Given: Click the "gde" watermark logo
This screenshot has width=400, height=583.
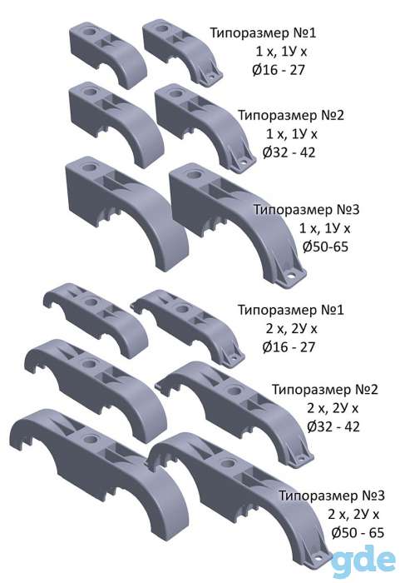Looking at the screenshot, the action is [x=363, y=561].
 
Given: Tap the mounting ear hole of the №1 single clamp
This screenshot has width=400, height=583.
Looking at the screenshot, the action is [x=211, y=77].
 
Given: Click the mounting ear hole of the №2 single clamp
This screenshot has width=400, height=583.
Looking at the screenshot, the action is [x=244, y=162].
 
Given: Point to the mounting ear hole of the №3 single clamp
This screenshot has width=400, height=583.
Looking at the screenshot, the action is [x=292, y=276].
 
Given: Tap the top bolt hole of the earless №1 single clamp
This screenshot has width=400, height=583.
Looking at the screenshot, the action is [x=89, y=32].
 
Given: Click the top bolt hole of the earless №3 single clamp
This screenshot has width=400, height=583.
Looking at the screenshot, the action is [x=90, y=167].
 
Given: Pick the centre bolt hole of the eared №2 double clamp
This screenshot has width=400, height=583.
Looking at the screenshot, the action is [x=235, y=390].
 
